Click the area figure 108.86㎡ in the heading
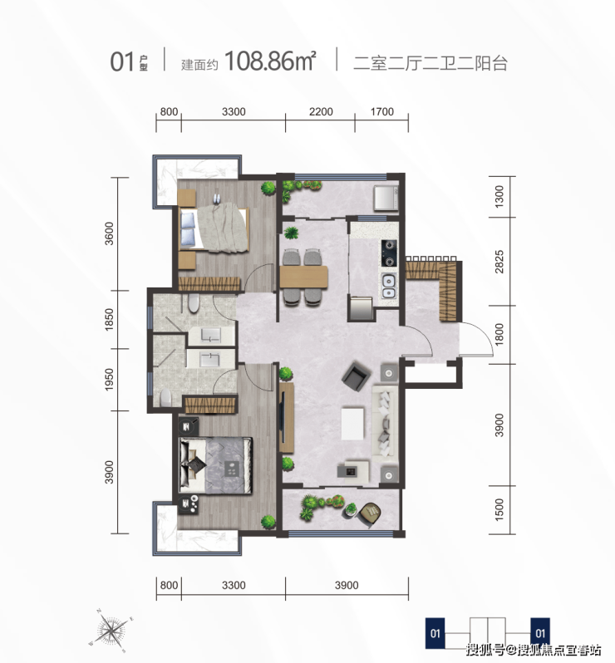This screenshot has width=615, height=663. coord(270,61)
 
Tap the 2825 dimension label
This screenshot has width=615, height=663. coord(499,262)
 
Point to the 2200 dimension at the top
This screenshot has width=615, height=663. coord(321,111)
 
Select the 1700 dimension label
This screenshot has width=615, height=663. coord(382,111)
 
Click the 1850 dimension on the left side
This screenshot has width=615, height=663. coord(109,320)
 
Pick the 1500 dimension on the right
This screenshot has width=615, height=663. coord(499,509)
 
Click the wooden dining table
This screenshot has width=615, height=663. coord(303,277)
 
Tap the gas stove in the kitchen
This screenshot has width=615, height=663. coord(389,253)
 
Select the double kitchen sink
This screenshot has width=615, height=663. coord(389,287)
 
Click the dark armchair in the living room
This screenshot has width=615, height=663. coord(357,376)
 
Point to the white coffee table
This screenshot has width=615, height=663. coord(352,423)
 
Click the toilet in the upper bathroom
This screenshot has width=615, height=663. coord(194,303)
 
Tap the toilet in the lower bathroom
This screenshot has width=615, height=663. coord(166,398)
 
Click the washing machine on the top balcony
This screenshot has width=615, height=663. coord(386,198)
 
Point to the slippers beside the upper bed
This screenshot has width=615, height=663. coord(217,198)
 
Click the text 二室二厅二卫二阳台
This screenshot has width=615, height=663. coord(430,63)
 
